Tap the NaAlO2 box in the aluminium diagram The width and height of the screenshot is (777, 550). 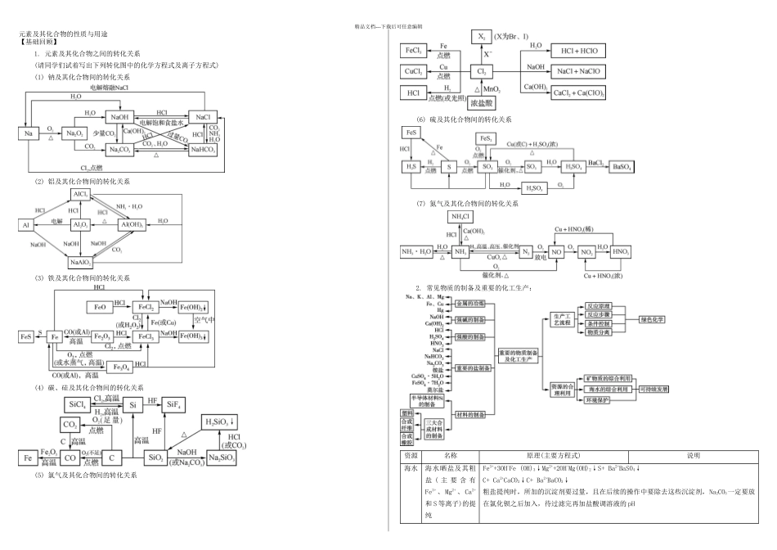click(80, 263)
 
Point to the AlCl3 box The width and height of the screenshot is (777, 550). click(80, 194)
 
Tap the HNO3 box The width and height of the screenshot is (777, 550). click(620, 251)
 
